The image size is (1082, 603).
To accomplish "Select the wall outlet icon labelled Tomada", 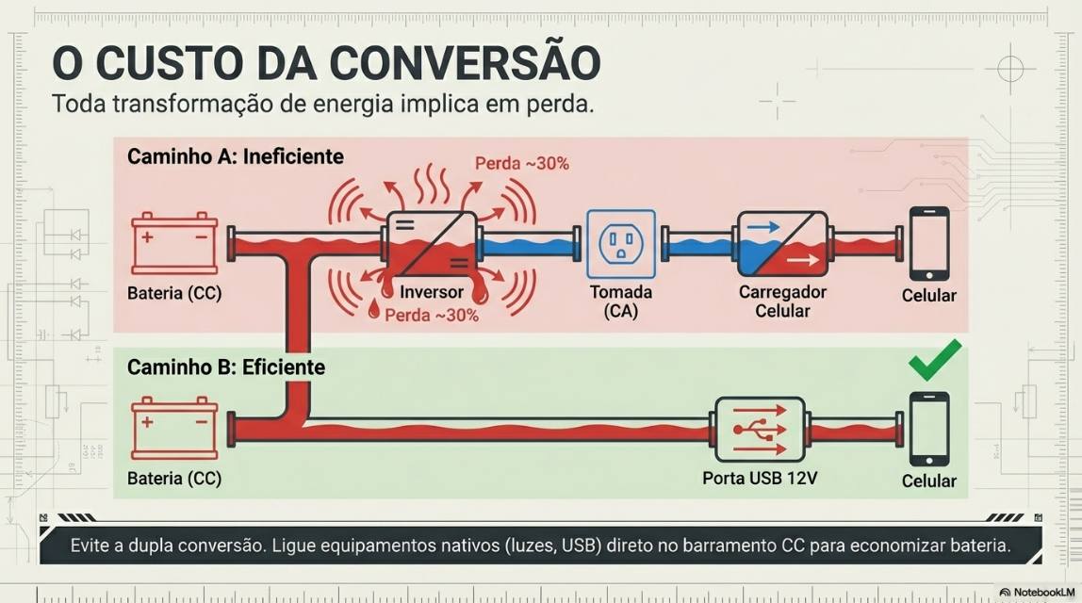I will tap(620, 243).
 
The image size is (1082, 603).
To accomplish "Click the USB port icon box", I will tap(760, 429).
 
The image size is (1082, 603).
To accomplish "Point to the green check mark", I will tap(934, 360).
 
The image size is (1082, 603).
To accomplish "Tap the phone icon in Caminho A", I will tap(928, 243).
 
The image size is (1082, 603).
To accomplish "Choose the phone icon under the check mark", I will tap(928, 429).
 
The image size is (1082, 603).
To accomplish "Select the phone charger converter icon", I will tap(781, 243).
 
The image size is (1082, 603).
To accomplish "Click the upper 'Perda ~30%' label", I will tap(521, 163).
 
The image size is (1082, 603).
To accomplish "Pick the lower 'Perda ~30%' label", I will tap(432, 315).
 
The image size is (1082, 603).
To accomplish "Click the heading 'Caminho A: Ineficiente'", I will tap(236, 156).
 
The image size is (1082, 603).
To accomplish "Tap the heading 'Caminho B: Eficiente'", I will tap(226, 367).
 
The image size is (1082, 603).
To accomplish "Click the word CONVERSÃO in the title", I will tap(465, 63).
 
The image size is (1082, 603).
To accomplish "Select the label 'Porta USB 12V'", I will tap(760, 479).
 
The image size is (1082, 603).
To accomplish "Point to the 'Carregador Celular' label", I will tap(782, 301).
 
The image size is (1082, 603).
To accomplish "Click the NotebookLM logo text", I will tap(1040, 593).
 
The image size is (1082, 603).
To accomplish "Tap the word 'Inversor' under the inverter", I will tap(432, 293).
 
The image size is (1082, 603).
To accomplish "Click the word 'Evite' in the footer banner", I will tap(91, 546).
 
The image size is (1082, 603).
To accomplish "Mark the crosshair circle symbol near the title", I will tap(1009, 69).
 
